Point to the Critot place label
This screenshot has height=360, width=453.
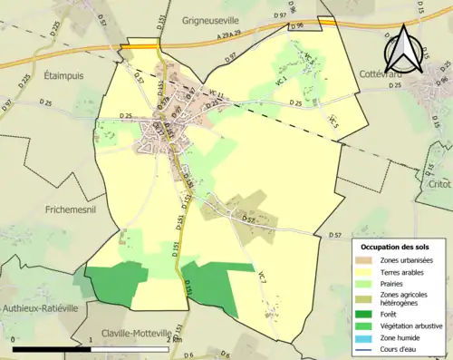pyautogui.click(x=439, y=183)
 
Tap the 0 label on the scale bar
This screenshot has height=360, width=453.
pyautogui.click(x=14, y=340)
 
